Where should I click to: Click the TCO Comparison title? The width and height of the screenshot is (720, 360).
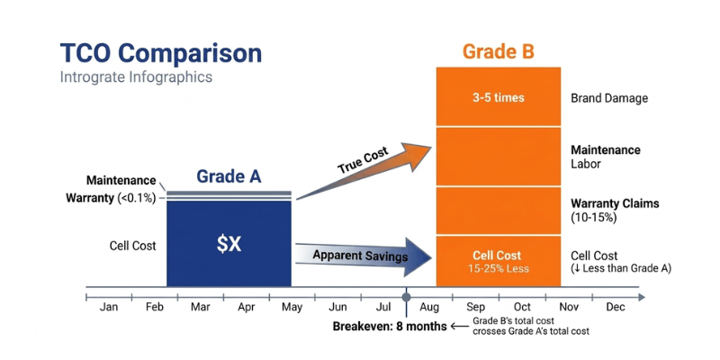click(x=160, y=52)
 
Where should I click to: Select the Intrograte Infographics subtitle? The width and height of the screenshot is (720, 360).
click(x=136, y=77)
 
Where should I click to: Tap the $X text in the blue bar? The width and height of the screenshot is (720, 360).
click(x=229, y=243)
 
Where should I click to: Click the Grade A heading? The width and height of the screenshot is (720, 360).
click(x=229, y=175)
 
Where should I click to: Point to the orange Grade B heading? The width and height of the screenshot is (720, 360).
click(x=499, y=51)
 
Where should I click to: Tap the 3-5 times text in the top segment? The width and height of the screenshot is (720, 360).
click(x=499, y=97)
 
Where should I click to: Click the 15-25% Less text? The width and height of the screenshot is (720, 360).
click(x=499, y=268)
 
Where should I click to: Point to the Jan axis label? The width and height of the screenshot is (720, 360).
click(x=109, y=307)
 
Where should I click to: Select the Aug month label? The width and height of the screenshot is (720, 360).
click(x=428, y=307)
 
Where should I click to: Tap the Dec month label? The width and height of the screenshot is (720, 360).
click(x=616, y=307)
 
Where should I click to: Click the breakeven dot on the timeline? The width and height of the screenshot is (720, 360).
click(x=407, y=294)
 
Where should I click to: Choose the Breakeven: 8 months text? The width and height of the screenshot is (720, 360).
click(x=389, y=326)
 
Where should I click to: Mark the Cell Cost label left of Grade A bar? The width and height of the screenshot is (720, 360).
click(x=131, y=245)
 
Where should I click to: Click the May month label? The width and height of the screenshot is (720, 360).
click(x=292, y=307)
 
